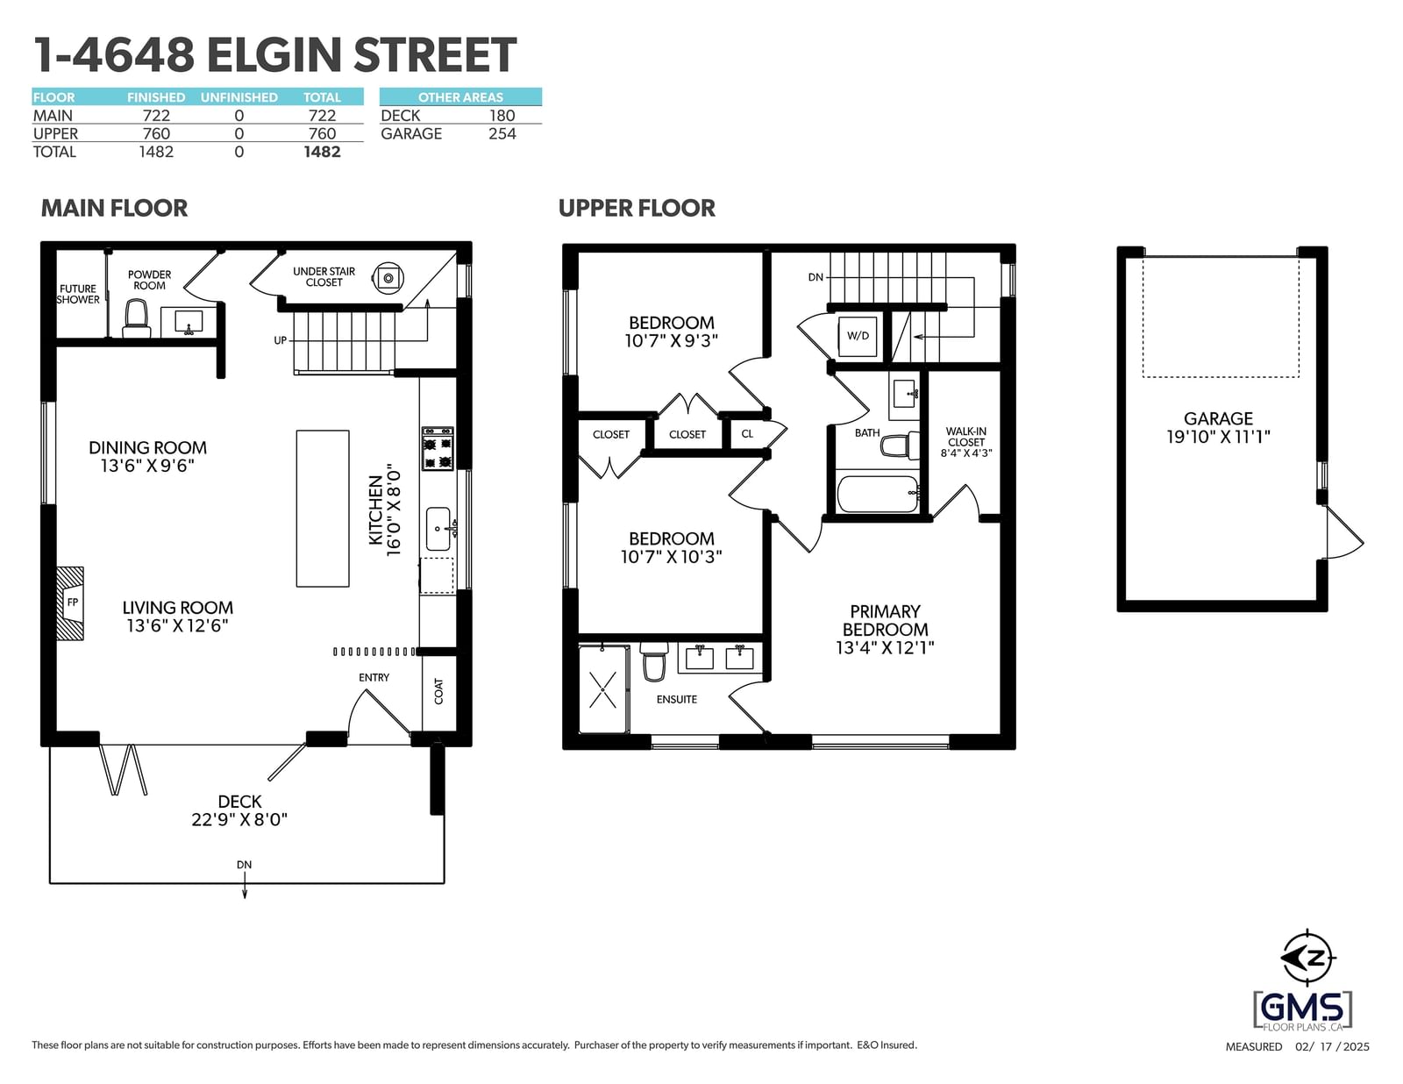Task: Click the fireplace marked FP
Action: (70, 603)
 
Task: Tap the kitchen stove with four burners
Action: (438, 448)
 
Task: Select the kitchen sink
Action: (439, 530)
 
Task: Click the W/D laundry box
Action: (858, 336)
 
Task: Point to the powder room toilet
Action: (136, 318)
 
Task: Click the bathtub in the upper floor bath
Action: (878, 494)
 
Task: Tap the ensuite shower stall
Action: (603, 689)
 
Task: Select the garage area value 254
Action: (502, 133)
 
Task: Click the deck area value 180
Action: (502, 116)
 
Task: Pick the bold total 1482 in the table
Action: (322, 152)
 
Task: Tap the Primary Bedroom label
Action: (885, 620)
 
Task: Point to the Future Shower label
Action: (78, 294)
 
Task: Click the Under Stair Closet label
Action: (324, 276)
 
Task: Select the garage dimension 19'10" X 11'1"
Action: (1218, 437)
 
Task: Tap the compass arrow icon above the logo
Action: (1307, 959)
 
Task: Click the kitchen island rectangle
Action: (323, 509)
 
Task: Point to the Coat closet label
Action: (439, 691)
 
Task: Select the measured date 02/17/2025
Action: (1332, 1046)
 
